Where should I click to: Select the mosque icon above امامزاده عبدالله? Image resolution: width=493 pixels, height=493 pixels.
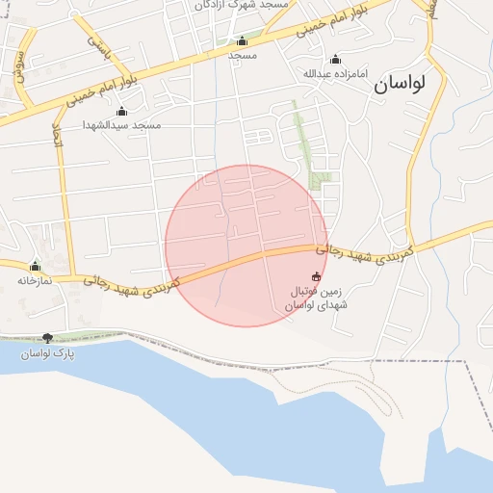click(335, 59)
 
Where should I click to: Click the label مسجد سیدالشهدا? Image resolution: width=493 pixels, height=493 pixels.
click(121, 125)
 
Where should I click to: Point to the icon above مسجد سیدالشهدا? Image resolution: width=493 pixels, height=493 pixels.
click(120, 111)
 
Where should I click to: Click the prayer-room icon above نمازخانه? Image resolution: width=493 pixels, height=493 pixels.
click(36, 266)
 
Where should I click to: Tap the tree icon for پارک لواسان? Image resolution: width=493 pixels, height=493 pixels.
click(48, 338)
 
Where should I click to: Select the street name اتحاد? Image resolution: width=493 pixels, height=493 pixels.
click(56, 139)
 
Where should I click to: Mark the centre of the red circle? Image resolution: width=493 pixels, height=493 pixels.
click(246, 246)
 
